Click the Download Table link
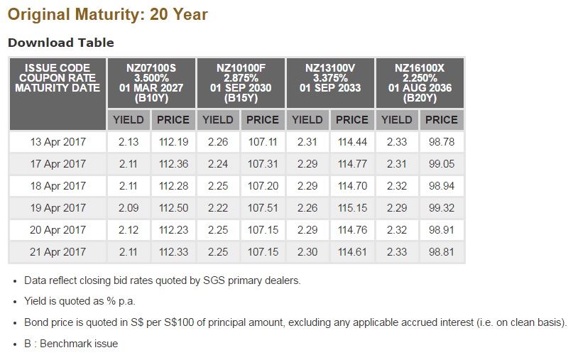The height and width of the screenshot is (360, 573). [60, 43]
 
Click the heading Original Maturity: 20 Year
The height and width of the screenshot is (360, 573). [108, 14]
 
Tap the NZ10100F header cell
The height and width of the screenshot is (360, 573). [241, 83]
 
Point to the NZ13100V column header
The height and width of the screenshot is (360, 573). [330, 83]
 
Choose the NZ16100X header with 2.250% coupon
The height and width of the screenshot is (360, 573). [419, 83]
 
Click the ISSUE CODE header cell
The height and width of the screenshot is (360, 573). [57, 78]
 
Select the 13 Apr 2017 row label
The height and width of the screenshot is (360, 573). [58, 142]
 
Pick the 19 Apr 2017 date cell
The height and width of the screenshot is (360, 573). [58, 208]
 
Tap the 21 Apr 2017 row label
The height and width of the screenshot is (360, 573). [58, 252]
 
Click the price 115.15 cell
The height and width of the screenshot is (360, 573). [352, 208]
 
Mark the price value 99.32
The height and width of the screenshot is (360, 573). [441, 208]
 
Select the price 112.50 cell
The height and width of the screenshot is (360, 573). [173, 208]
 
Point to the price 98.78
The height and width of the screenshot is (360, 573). [441, 142]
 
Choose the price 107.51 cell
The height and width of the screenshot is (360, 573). [263, 208]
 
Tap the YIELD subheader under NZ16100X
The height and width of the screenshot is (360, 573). [397, 120]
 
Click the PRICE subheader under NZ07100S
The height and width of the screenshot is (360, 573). [173, 120]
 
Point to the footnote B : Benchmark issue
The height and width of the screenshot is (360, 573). [71, 344]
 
